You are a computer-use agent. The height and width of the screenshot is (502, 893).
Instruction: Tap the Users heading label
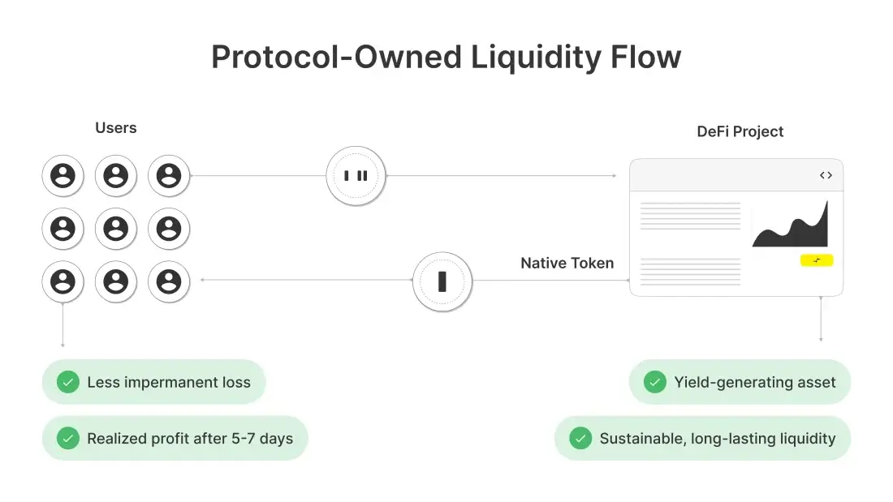click(116, 127)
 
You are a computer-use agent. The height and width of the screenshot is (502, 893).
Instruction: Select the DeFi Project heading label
click(740, 131)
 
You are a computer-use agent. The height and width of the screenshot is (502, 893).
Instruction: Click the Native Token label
click(567, 263)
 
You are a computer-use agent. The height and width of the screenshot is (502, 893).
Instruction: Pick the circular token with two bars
click(356, 175)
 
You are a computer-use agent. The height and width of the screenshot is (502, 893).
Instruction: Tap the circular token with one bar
click(442, 281)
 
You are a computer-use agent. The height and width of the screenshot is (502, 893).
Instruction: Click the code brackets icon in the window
click(826, 175)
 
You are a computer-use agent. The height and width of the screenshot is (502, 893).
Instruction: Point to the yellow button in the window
click(816, 260)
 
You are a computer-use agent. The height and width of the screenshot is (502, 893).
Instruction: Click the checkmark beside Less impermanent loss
click(67, 382)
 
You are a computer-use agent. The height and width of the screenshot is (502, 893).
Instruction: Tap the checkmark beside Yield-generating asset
click(654, 382)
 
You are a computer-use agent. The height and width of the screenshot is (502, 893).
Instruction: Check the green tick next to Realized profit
click(67, 439)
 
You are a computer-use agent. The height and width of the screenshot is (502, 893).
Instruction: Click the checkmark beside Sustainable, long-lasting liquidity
click(580, 439)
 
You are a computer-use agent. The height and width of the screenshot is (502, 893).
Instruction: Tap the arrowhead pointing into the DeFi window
click(614, 175)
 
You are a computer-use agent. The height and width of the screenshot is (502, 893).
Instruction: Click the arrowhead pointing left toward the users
click(201, 281)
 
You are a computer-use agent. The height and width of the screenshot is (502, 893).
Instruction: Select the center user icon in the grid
click(116, 229)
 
